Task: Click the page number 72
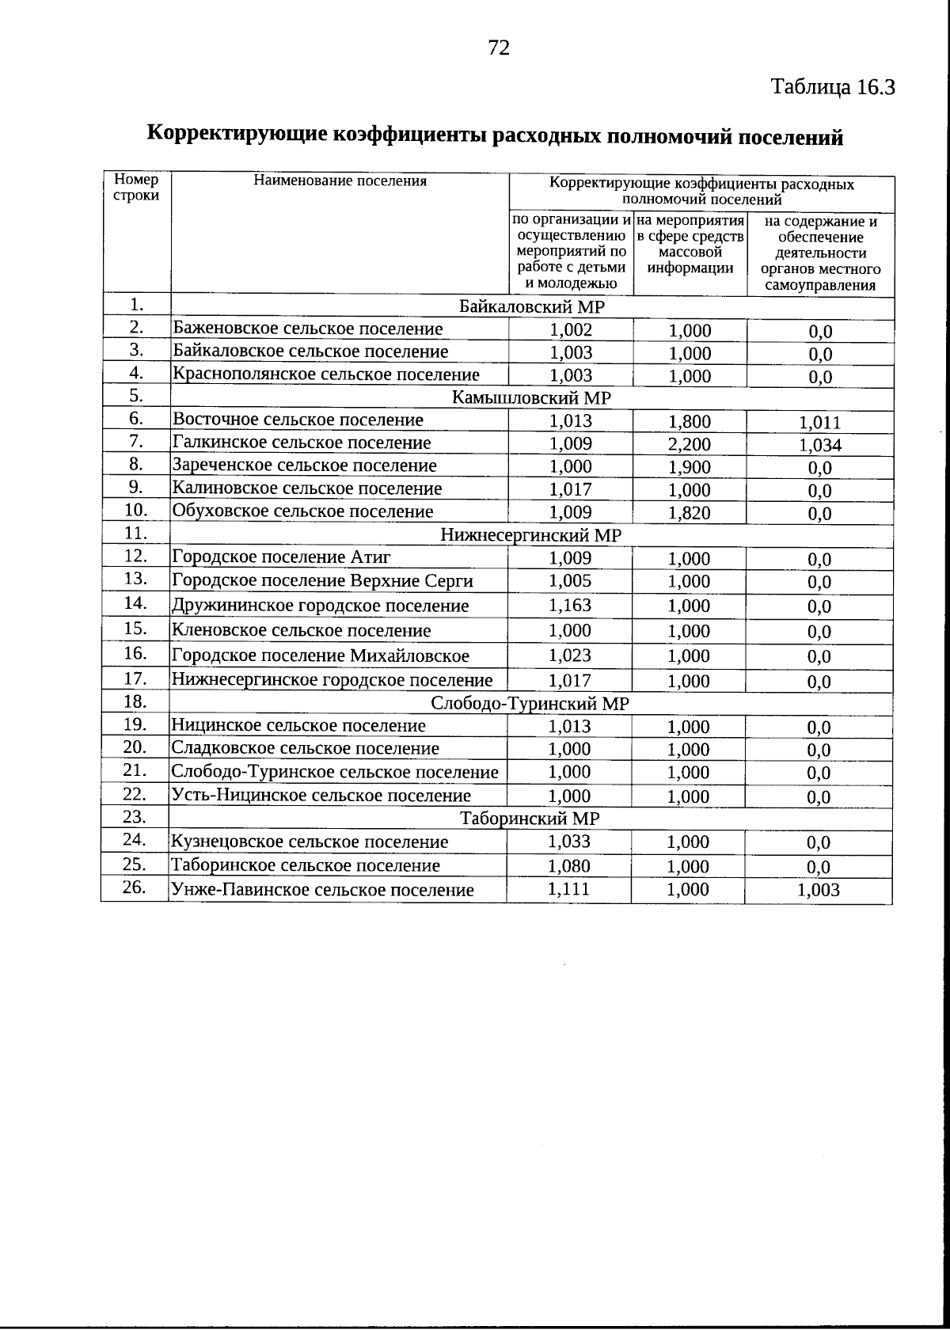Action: click(x=499, y=48)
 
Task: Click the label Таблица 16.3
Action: click(x=833, y=87)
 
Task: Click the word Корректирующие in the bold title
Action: click(x=237, y=134)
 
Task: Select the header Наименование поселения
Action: click(x=340, y=180)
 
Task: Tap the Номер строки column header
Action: click(x=136, y=188)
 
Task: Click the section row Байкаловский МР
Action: click(x=532, y=307)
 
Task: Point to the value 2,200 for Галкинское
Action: click(x=690, y=445)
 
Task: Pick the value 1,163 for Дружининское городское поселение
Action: click(x=570, y=606)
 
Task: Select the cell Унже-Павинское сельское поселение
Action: click(x=323, y=890)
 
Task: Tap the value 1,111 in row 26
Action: click(x=568, y=889)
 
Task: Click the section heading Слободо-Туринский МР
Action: click(x=530, y=703)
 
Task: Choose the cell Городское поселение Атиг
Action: click(x=282, y=557)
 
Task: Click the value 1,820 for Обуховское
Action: click(x=690, y=513)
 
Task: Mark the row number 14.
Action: click(x=136, y=603)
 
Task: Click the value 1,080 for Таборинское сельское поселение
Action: click(x=568, y=866)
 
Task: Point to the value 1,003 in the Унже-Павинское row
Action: click(x=819, y=891)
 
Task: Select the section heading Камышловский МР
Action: click(x=531, y=397)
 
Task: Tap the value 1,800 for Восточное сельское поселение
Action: click(x=690, y=422)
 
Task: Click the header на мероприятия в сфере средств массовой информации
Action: click(x=690, y=244)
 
